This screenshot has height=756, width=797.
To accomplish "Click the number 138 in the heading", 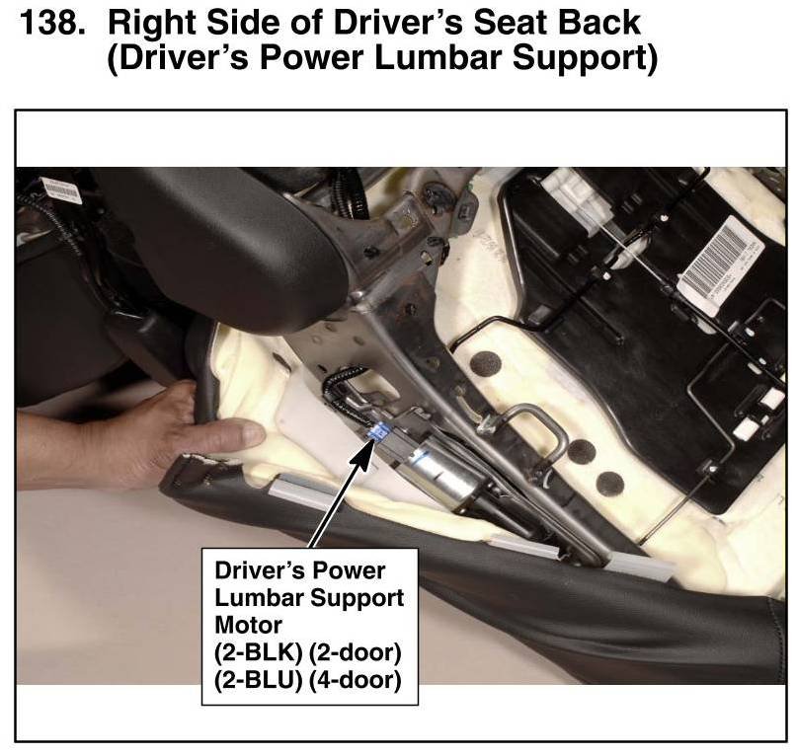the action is click(x=51, y=23).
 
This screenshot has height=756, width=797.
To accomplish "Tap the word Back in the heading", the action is click(x=598, y=23).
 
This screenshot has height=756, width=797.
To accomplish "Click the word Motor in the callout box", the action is click(x=248, y=625).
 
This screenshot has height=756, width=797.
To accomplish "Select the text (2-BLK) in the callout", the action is click(x=259, y=651).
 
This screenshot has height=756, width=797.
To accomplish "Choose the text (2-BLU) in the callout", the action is click(x=259, y=680).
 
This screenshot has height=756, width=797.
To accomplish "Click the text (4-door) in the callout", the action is click(x=356, y=680).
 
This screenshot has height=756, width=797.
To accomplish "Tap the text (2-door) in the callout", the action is click(x=356, y=651).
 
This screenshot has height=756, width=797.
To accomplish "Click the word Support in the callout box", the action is click(x=357, y=598).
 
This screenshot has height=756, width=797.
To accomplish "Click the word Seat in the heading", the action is click(x=511, y=23).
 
